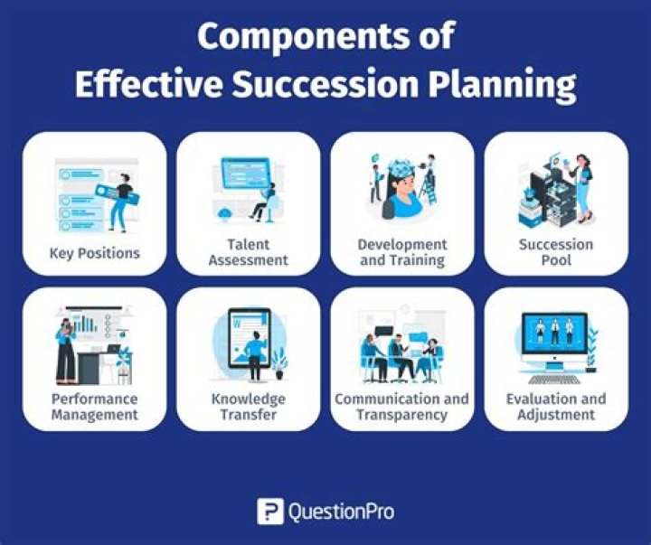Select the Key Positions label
click(x=95, y=252)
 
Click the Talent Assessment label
click(x=248, y=252)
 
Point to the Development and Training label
click(x=402, y=252)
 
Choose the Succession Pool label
click(x=556, y=252)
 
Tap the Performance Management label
click(x=95, y=407)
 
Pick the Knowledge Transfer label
click(x=248, y=407)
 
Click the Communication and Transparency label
click(x=402, y=407)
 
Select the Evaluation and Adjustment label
click(x=556, y=407)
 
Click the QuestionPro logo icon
click(x=269, y=512)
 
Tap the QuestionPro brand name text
click(x=342, y=512)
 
